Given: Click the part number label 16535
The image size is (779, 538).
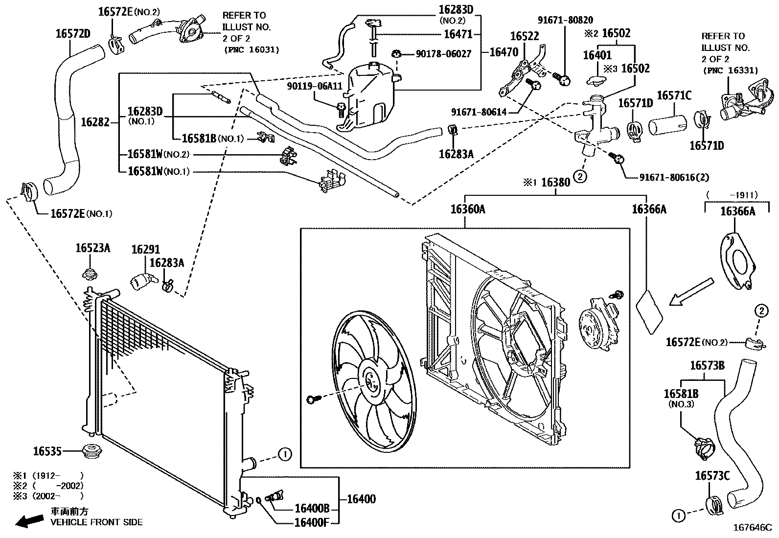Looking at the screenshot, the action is click(47, 451).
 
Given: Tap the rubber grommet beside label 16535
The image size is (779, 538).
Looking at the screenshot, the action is click(92, 451).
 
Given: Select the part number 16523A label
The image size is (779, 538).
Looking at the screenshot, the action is click(93, 248).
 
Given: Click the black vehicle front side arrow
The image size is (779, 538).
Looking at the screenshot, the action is click(29, 520).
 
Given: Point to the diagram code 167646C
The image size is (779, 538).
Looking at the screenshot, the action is click(753, 528).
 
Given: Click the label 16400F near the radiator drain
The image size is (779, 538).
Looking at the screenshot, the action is click(312, 522).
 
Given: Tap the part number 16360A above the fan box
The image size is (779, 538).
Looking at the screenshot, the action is click(468, 209).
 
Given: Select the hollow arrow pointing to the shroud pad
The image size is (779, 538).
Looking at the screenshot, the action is click(691, 292).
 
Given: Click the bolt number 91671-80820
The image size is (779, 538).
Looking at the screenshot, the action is click(566, 20).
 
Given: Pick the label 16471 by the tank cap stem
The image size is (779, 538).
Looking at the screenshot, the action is click(458, 34).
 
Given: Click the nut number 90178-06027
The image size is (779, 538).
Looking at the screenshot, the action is click(444, 54).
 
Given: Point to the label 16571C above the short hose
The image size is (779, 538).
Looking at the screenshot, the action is click(674, 95).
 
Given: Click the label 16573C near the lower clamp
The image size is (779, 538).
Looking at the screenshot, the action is click(712, 476).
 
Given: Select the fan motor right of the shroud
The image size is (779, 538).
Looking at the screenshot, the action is click(599, 324).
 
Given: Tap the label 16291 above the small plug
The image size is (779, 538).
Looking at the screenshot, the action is click(146, 250).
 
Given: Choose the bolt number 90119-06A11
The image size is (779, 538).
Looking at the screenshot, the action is click(315, 86).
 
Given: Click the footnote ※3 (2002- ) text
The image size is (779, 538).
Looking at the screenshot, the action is click(48, 496).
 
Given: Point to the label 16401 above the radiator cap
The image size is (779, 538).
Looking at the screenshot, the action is click(597, 55).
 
